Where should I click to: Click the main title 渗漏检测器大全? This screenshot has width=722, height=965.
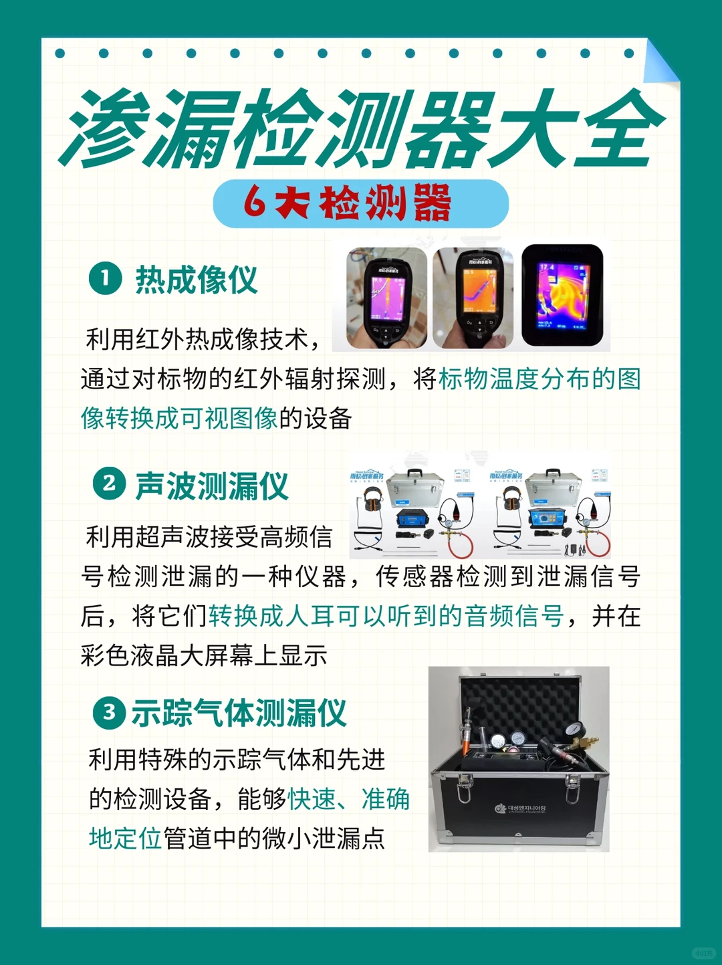pyautogui.click(x=361, y=128)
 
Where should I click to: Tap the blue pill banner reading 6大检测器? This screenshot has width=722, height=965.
pyautogui.click(x=361, y=203)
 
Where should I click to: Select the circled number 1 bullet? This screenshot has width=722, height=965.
pyautogui.click(x=105, y=278)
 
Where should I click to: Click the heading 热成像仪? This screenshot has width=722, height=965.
pyautogui.click(x=197, y=280)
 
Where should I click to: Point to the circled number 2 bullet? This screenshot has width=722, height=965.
pyautogui.click(x=109, y=484)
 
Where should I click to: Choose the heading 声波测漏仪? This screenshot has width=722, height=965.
pyautogui.click(x=212, y=486)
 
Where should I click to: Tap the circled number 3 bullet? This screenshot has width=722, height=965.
pyautogui.click(x=109, y=712)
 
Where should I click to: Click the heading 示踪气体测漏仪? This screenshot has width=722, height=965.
pyautogui.click(x=239, y=713)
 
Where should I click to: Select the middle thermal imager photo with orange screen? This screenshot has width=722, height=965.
pyautogui.click(x=473, y=298)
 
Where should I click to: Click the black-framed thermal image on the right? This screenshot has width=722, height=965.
pyautogui.click(x=562, y=296)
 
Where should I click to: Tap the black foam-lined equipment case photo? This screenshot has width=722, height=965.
pyautogui.click(x=519, y=758)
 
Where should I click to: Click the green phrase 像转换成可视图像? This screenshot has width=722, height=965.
pyautogui.click(x=179, y=419)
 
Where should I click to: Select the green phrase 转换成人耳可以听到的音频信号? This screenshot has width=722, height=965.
pyautogui.click(x=386, y=616)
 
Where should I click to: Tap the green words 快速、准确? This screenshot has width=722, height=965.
pyautogui.click(x=348, y=799)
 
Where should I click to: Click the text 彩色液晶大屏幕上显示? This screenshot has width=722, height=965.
pyautogui.click(x=204, y=655)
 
